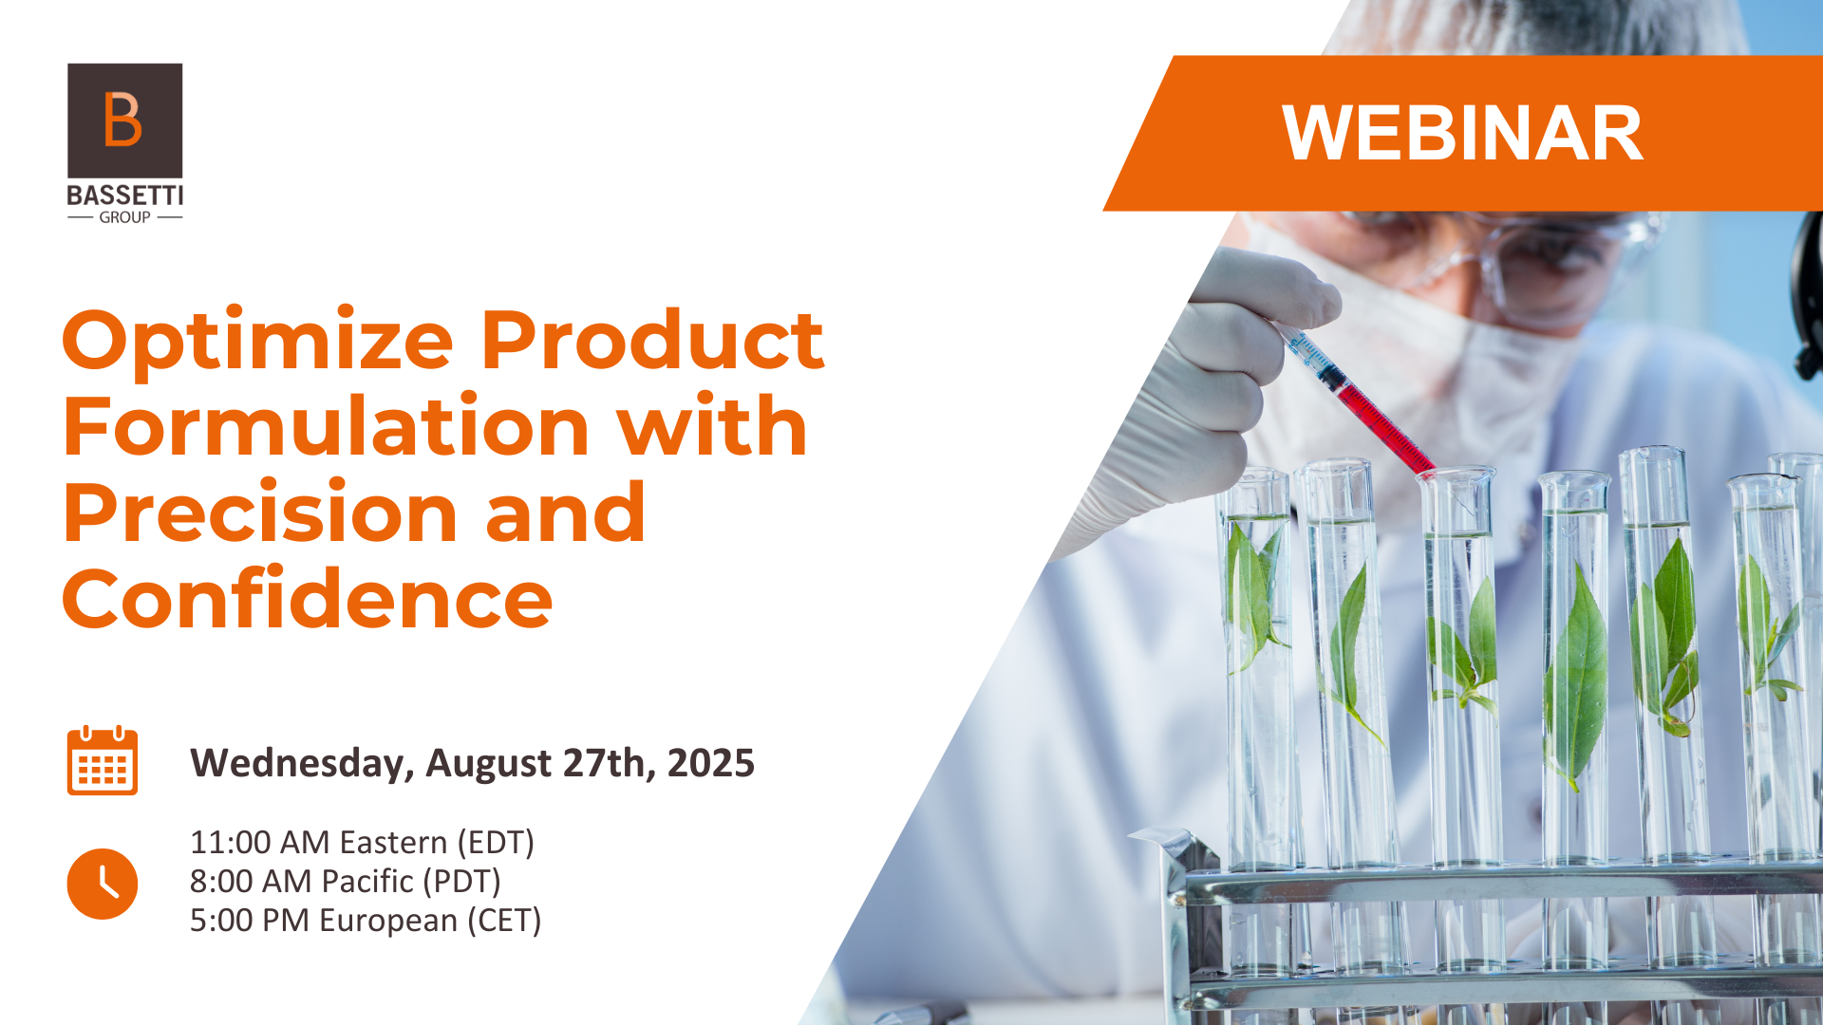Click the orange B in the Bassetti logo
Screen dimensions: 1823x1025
[123, 120]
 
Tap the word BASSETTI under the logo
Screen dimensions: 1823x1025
[125, 196]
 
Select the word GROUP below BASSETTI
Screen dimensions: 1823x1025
[125, 217]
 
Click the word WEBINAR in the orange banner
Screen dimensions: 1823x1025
[1462, 133]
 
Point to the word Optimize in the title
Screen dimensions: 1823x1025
[258, 342]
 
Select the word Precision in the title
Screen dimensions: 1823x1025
[259, 512]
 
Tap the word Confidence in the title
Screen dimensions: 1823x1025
[308, 599]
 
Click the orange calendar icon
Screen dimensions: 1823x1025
[103, 760]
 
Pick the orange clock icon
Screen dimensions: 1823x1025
[103, 884]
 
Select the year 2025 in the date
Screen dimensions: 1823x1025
[711, 763]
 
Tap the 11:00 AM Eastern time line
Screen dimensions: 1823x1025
[362, 843]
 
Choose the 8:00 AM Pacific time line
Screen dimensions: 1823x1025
[346, 882]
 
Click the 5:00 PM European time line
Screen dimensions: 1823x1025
[366, 921]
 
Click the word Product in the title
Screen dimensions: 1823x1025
[652, 342]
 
